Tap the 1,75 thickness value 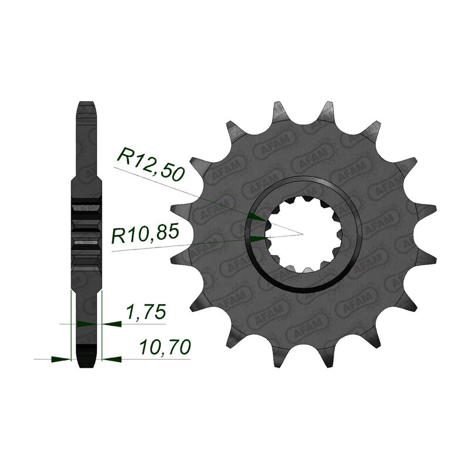[x=146, y=313]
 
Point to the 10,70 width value [x=165, y=348]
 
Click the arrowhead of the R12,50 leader [x=257, y=217]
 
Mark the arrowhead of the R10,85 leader [x=258, y=239]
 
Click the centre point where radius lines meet [x=303, y=234]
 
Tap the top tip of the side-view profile [x=86, y=102]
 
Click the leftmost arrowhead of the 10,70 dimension [x=61, y=359]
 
